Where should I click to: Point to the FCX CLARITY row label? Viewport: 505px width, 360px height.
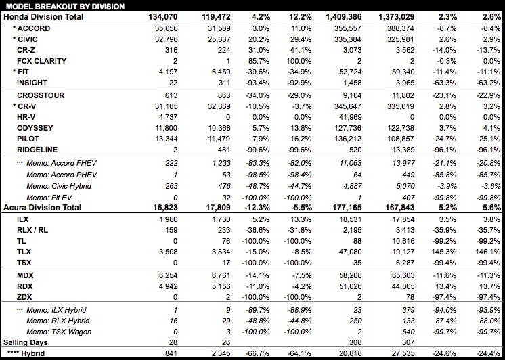pyautogui.click(x=41, y=60)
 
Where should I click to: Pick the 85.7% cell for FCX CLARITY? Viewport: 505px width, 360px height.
pyautogui.click(x=248, y=60)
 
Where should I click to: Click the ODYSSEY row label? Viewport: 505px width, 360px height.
pyautogui.click(x=38, y=127)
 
